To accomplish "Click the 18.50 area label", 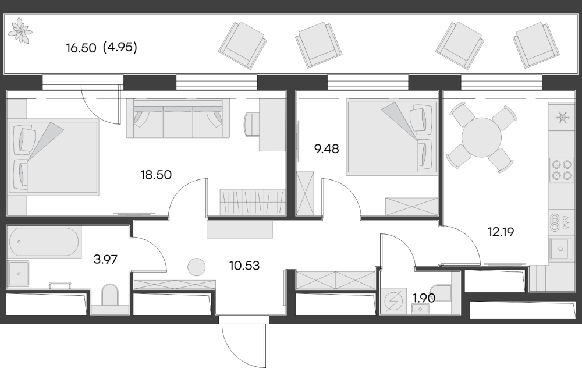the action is [156, 175].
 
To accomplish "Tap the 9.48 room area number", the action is [327, 149].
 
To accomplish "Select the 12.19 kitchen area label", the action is [501, 232].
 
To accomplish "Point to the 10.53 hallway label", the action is [244, 266].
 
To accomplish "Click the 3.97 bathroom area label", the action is [105, 259].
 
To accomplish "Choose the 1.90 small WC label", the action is [424, 298].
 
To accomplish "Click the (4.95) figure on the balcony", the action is [120, 48].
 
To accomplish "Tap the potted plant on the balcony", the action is [20, 29].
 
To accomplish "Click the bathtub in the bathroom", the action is [44, 242].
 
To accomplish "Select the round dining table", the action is [481, 137].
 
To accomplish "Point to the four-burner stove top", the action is [562, 169].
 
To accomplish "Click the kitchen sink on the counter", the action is [560, 249].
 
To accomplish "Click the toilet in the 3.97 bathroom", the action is [110, 295].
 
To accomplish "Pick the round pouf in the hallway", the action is [196, 267].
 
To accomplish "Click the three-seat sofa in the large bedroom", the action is [178, 118].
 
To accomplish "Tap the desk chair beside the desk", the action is [251, 125].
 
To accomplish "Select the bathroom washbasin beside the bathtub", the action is [18, 274].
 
